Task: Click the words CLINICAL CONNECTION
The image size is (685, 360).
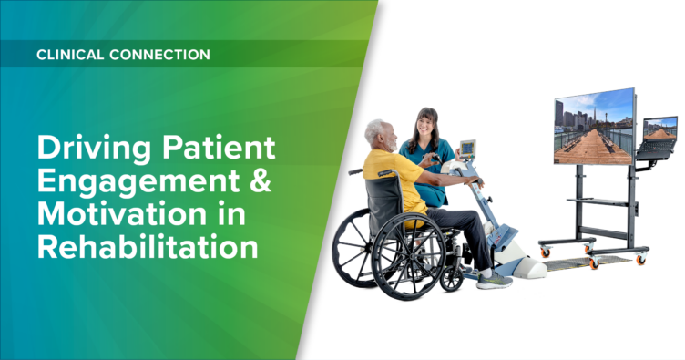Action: click(123, 55)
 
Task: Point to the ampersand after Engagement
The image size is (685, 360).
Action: click(258, 180)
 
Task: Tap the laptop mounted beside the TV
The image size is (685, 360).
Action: click(659, 134)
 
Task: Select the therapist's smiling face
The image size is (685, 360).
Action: click(425, 127)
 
